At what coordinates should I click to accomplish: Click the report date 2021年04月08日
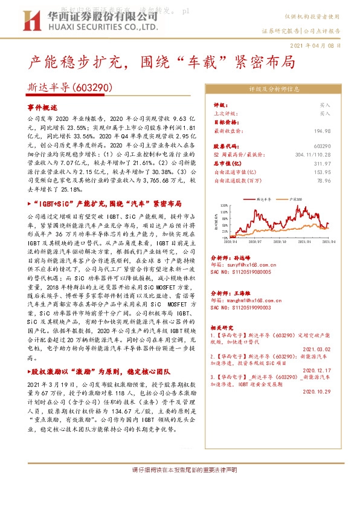pyautogui.click(x=318, y=45)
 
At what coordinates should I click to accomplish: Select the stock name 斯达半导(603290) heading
pyautogui.click(x=71, y=88)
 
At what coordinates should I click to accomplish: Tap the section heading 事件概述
pyautogui.click(x=42, y=106)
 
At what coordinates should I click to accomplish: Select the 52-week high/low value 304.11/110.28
pyautogui.click(x=311, y=155)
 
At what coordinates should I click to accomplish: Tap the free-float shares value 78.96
pyautogui.click(x=324, y=180)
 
